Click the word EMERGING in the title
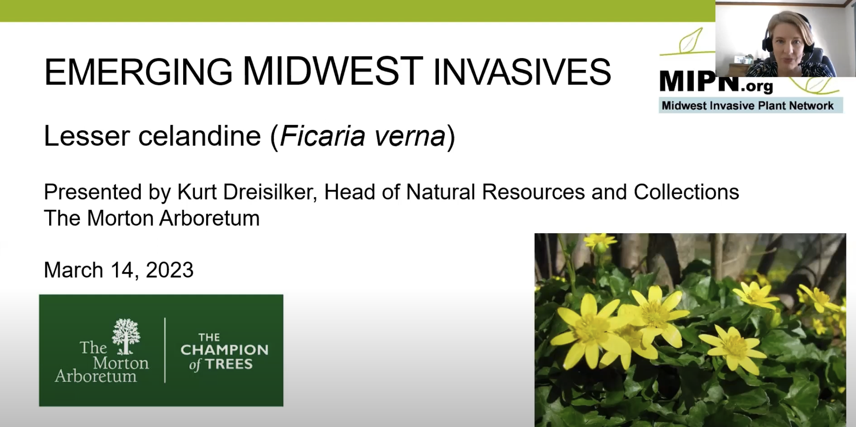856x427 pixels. pos(138,72)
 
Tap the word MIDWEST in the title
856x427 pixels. pos(333,71)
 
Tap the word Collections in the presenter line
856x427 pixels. pos(686,192)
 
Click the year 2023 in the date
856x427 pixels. pos(170,270)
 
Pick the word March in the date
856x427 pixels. pos(74,270)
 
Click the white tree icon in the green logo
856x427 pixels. pos(126,335)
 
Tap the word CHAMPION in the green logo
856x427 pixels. pos(224,350)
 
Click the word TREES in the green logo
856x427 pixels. pos(229,364)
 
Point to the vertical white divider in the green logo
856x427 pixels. pos(165,350)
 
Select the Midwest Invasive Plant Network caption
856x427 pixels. pos(748,105)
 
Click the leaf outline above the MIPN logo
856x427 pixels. pos(690,42)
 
